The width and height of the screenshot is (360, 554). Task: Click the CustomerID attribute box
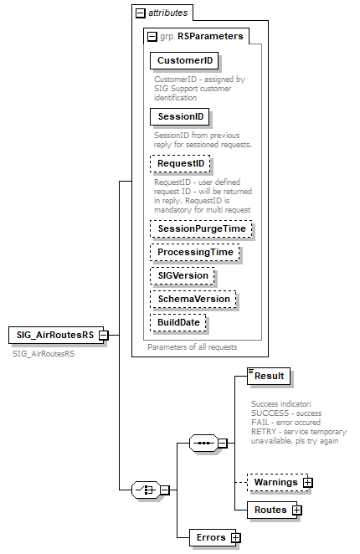pos(184,60)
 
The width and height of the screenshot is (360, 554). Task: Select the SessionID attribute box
pos(180,116)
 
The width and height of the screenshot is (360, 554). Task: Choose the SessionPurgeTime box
pos(201,228)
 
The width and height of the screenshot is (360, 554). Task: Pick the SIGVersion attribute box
pos(183,275)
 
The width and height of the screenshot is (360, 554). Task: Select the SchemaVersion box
pos(193,299)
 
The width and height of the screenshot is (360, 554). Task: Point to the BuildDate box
pos(179,322)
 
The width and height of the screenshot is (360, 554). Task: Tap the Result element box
pos(270,377)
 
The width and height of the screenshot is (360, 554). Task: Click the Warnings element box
pos(275,483)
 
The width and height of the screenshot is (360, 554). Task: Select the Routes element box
pos(270,510)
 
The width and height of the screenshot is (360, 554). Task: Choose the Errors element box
pos(209,537)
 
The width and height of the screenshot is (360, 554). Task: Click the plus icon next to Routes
pos(296,510)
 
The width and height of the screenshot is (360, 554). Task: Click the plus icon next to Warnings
pos(308,483)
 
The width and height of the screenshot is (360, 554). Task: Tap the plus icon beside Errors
pos(236,537)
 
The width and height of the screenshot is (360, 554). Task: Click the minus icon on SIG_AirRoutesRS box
pos(103,336)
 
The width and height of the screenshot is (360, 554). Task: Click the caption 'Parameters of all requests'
pos(193,346)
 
